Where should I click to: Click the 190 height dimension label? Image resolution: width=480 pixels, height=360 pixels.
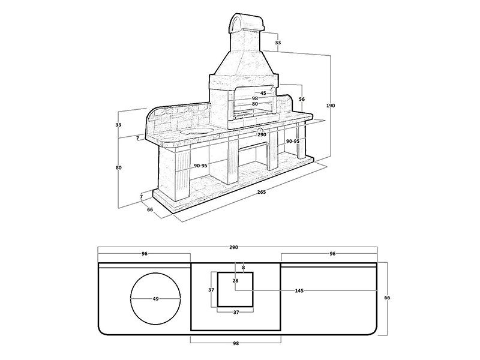point(331,106)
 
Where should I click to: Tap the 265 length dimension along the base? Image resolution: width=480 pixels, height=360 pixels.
point(262,192)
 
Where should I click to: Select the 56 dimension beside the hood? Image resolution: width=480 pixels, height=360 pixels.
point(302,99)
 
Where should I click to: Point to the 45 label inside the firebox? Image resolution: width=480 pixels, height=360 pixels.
point(263,93)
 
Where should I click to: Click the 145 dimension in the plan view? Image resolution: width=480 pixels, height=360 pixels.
point(299,290)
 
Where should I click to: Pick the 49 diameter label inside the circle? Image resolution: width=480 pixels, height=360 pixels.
point(155,299)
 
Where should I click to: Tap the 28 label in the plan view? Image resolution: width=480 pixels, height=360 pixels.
point(235,280)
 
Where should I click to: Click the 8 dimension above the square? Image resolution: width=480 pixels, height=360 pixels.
point(244,268)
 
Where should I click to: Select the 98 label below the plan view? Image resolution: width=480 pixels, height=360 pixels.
point(236,343)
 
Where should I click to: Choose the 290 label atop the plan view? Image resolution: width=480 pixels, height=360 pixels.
point(233,247)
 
